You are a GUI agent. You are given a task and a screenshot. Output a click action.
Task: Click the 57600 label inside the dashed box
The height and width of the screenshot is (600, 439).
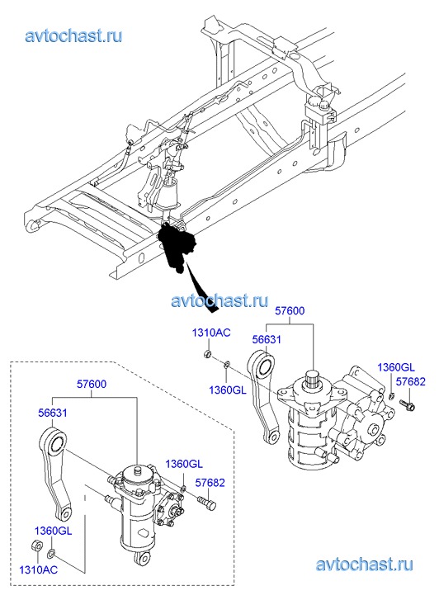coord(92,385)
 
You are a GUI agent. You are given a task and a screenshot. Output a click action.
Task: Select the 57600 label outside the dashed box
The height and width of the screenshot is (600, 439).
coord(290,310)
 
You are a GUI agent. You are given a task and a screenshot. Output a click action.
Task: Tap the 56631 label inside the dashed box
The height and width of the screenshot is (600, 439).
coord(53,413)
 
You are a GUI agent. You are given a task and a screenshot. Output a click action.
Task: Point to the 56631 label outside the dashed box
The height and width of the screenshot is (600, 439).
coord(267,339)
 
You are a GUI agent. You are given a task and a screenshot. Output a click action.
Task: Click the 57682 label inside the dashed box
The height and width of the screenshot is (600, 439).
coord(210,483)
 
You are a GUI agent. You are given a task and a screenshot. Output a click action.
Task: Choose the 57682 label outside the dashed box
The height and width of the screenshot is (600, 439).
coord(410,381)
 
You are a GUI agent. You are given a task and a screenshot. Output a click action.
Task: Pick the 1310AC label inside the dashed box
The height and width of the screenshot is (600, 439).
coord(38,569)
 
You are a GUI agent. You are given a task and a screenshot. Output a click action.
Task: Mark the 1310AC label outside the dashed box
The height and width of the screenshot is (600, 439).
coord(211,333)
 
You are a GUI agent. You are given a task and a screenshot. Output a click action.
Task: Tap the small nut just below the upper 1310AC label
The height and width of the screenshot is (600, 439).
coord(208,353)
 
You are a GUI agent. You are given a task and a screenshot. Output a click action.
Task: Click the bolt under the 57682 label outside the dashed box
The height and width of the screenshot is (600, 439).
coord(408,405)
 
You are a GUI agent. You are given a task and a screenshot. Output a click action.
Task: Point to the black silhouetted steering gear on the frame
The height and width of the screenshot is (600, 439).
coord(177,248)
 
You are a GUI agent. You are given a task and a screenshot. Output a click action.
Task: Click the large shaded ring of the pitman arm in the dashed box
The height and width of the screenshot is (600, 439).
coord(57,444)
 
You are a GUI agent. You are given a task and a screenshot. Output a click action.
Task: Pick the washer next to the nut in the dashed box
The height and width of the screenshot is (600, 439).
coord(51,553)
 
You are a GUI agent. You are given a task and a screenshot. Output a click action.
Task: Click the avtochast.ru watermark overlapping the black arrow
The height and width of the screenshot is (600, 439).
coord(219,300)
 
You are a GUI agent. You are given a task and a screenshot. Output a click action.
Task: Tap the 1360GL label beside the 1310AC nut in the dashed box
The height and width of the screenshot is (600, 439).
coord(53,531)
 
